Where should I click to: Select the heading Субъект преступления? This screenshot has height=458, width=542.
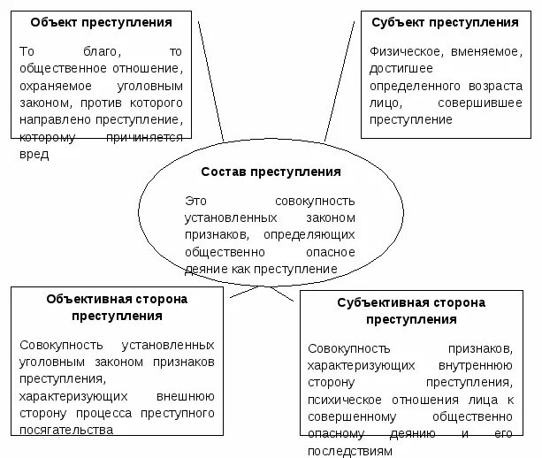[445, 22]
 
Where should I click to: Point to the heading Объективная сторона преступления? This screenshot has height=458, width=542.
[117, 306]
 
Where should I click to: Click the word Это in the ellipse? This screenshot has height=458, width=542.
[197, 201]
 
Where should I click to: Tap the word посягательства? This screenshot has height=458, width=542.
[65, 430]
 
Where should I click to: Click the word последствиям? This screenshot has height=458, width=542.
[351, 451]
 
